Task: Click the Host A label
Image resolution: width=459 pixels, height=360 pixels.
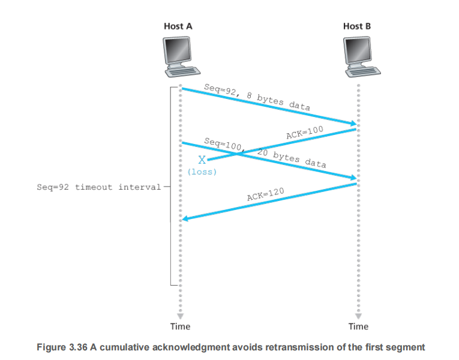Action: [x=178, y=26]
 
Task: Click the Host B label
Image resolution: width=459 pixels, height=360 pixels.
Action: [x=357, y=26]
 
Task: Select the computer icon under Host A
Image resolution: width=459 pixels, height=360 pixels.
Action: [x=179, y=55]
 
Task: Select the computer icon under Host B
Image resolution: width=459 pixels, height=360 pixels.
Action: [x=358, y=55]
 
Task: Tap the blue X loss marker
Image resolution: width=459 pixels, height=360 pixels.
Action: [x=202, y=160]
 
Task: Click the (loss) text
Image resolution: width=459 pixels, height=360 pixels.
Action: [x=202, y=172]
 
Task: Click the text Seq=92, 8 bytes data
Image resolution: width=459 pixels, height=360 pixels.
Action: [x=257, y=98]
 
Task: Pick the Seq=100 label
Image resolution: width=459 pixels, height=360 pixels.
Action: [x=222, y=144]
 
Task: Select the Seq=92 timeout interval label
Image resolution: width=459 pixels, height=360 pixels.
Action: [x=99, y=187]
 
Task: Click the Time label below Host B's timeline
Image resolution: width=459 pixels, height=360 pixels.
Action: [x=358, y=326]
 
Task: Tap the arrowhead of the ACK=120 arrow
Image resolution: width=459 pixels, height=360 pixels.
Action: [x=185, y=219]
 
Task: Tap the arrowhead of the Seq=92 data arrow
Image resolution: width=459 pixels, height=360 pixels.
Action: [x=353, y=124]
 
